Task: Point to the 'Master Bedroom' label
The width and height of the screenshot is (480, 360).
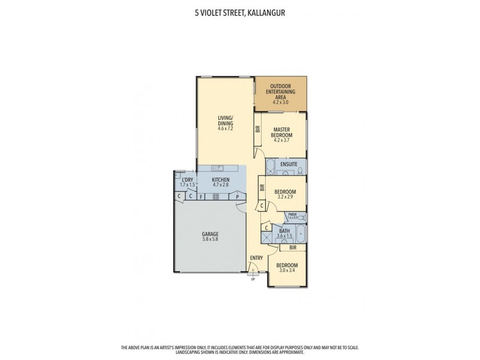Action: click(x=282, y=133)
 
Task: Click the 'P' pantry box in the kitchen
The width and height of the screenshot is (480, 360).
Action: click(x=238, y=196)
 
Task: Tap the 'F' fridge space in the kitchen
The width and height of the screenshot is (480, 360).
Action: click(x=202, y=196)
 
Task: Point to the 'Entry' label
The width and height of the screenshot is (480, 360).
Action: click(x=256, y=258)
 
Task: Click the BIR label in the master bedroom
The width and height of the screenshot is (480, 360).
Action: click(x=257, y=128)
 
